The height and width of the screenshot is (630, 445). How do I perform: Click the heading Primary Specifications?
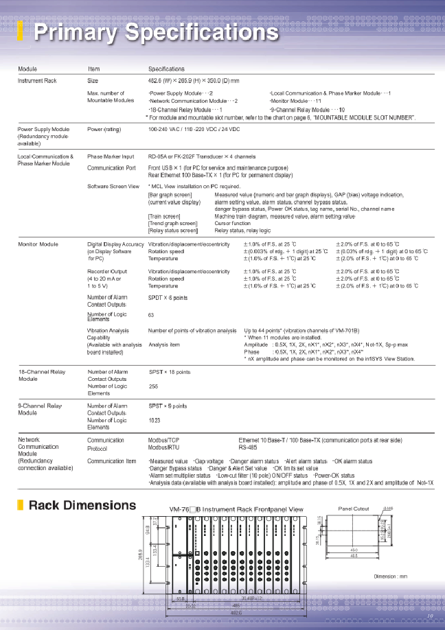click(x=157, y=32)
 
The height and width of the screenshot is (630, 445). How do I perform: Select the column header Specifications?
click(x=166, y=69)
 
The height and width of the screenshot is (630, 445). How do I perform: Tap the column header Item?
click(x=94, y=69)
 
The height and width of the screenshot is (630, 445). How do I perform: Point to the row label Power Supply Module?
click(x=43, y=129)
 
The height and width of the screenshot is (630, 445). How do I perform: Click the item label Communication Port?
click(x=112, y=167)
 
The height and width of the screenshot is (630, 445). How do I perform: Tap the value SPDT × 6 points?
click(x=168, y=298)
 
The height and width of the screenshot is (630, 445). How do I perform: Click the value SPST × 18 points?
click(x=170, y=371)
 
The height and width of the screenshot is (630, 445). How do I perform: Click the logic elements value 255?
click(x=154, y=386)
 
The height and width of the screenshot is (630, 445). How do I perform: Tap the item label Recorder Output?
click(x=108, y=272)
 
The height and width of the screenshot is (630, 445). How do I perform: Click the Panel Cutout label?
click(x=354, y=509)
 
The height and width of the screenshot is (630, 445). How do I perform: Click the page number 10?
click(x=431, y=616)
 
